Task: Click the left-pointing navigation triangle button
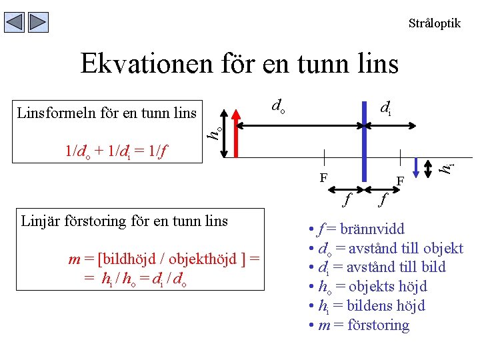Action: tap(15, 22)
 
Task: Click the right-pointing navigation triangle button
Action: tap(39, 22)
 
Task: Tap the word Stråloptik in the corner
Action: tap(434, 23)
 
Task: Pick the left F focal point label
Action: tap(323, 178)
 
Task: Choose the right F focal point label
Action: tap(401, 181)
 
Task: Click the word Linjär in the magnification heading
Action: tap(42, 221)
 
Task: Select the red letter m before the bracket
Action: tap(74, 259)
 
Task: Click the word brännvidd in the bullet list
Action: tap(372, 229)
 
